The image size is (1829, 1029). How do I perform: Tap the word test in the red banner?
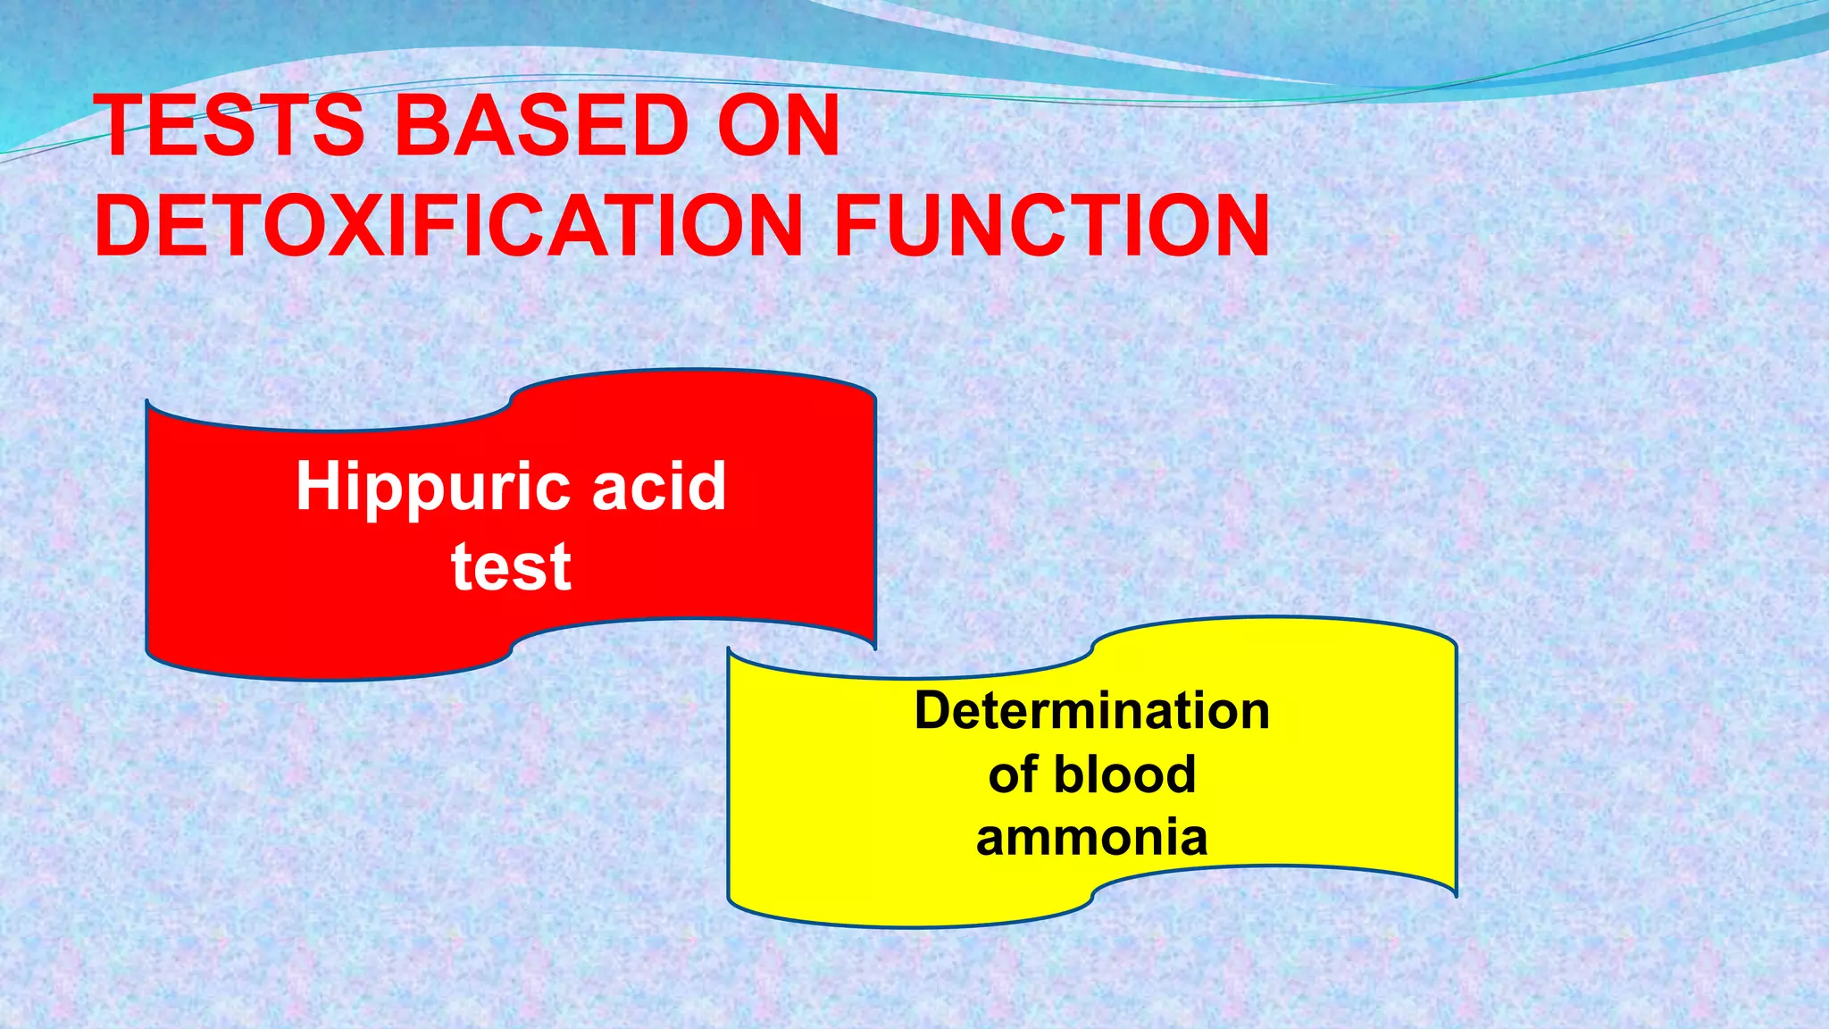click(511, 566)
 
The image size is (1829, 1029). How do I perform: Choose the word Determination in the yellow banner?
click(1091, 711)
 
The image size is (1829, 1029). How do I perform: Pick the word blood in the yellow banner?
click(1124, 774)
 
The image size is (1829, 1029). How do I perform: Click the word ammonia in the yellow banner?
click(1091, 838)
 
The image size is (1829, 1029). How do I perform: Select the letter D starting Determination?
click(934, 711)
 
